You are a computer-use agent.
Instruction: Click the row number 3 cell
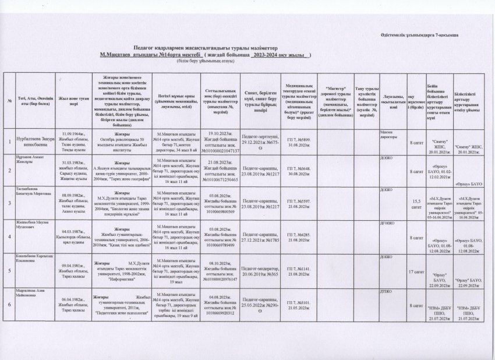pyautogui.click(x=11, y=202)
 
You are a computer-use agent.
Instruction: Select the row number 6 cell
pyautogui.click(x=11, y=303)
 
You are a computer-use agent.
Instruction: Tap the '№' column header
pyautogui.click(x=10, y=102)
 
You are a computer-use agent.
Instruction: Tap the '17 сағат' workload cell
pyautogui.click(x=415, y=271)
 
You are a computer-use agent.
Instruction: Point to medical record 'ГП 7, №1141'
pyautogui.click(x=299, y=268)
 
